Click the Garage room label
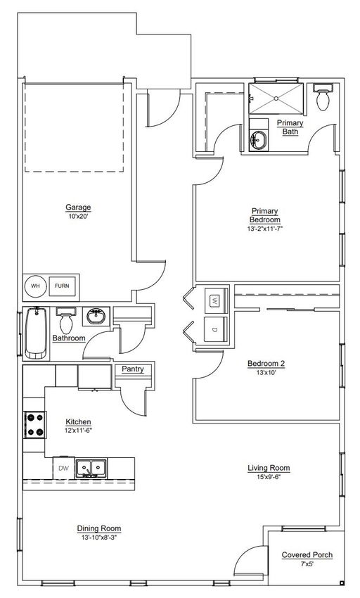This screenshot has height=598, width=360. [78, 208]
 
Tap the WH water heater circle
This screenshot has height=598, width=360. [35, 285]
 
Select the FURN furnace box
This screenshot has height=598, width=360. [62, 286]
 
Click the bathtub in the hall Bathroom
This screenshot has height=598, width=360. [37, 333]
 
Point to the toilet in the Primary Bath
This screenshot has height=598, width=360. [323, 97]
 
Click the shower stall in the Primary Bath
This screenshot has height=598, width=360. [276, 98]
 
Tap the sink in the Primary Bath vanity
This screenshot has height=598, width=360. [259, 140]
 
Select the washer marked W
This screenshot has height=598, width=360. [216, 301]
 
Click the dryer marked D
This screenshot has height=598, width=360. [216, 329]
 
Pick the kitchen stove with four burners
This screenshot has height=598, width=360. [34, 425]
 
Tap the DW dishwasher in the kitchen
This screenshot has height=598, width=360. [64, 468]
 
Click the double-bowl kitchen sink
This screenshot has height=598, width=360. [91, 468]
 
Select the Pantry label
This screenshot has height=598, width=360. [133, 369]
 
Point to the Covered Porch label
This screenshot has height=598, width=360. [307, 555]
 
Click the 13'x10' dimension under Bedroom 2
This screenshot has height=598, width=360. [266, 373]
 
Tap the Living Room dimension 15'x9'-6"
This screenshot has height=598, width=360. [269, 477]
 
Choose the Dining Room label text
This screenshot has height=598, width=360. [99, 528]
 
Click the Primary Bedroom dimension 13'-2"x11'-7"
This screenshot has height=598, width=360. [264, 229]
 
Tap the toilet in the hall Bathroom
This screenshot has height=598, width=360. [66, 321]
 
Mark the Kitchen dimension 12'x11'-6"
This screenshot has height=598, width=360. [78, 431]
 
